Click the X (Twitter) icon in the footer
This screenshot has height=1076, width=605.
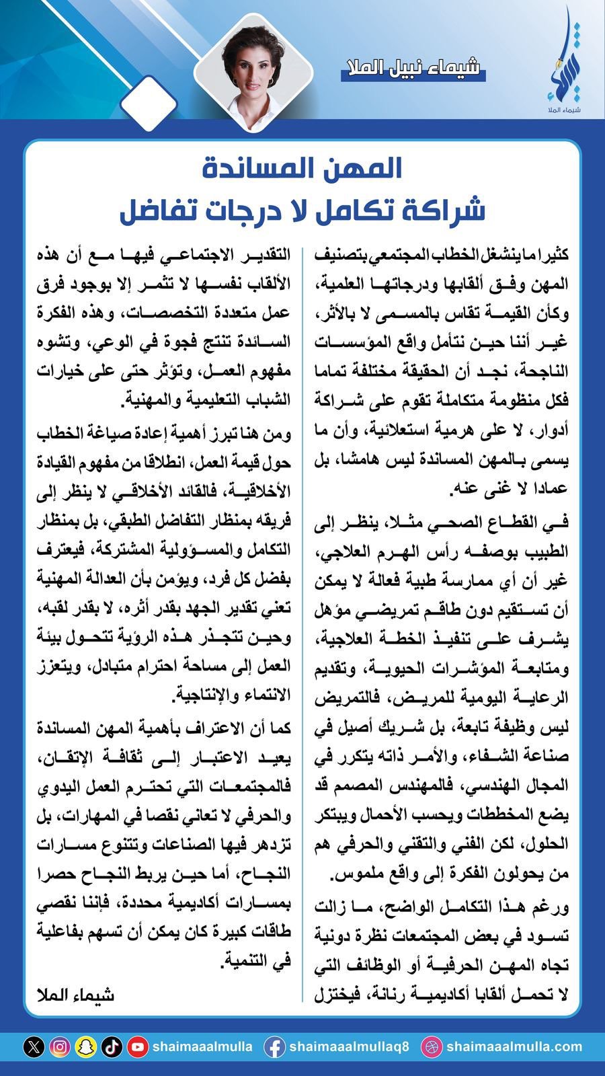[x=34, y=1047]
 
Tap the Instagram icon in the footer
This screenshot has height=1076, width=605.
[x=61, y=1047]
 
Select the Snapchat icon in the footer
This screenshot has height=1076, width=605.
[x=86, y=1047]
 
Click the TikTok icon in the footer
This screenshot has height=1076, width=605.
[x=112, y=1047]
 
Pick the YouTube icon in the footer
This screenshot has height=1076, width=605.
[x=138, y=1047]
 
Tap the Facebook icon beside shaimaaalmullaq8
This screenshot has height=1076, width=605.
[x=274, y=1047]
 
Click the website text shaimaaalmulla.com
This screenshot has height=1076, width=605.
[x=514, y=1047]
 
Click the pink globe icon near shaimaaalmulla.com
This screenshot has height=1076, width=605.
[x=430, y=1047]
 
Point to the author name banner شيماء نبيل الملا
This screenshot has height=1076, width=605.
[x=412, y=68]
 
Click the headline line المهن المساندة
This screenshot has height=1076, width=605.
[x=302, y=169]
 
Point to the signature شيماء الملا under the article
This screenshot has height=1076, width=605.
[x=76, y=995]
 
